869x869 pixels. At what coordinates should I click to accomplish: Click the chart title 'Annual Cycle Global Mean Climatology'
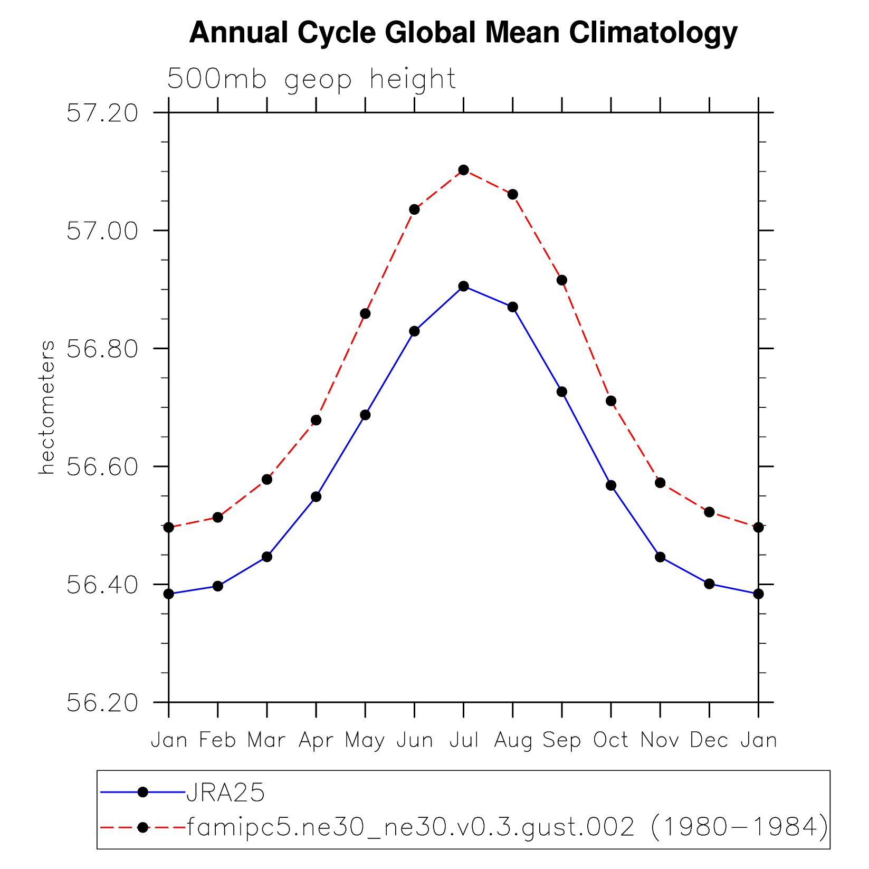[463, 33]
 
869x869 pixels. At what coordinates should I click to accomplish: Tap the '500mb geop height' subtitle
[311, 80]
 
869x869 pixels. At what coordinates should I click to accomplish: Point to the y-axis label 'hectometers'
[46, 407]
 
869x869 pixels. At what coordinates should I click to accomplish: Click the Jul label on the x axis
[464, 740]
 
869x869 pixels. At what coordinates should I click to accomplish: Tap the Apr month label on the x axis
[316, 740]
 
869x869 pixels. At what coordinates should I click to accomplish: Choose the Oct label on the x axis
[611, 740]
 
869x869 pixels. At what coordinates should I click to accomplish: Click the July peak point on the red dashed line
[464, 170]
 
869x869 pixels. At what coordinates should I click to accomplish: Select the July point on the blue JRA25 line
[464, 287]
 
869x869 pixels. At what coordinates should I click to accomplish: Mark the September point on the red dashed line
[562, 280]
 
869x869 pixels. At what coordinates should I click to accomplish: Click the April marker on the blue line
[316, 497]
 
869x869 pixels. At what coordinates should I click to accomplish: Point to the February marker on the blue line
[218, 586]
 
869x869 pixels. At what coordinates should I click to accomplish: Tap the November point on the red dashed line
[660, 483]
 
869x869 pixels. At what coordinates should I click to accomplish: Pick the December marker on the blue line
[709, 584]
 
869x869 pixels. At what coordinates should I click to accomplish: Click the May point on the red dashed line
[365, 314]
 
